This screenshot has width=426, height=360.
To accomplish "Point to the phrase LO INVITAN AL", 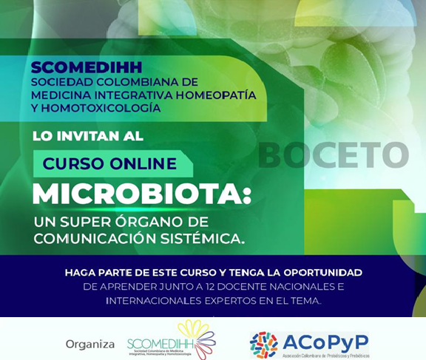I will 88,137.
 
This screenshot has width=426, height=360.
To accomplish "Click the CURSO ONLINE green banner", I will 110,163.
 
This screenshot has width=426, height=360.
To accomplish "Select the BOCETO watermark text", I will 333,155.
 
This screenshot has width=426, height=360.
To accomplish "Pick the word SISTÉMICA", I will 206,239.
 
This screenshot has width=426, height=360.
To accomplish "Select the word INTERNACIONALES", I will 158,301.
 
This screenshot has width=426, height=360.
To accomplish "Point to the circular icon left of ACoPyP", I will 264,344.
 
